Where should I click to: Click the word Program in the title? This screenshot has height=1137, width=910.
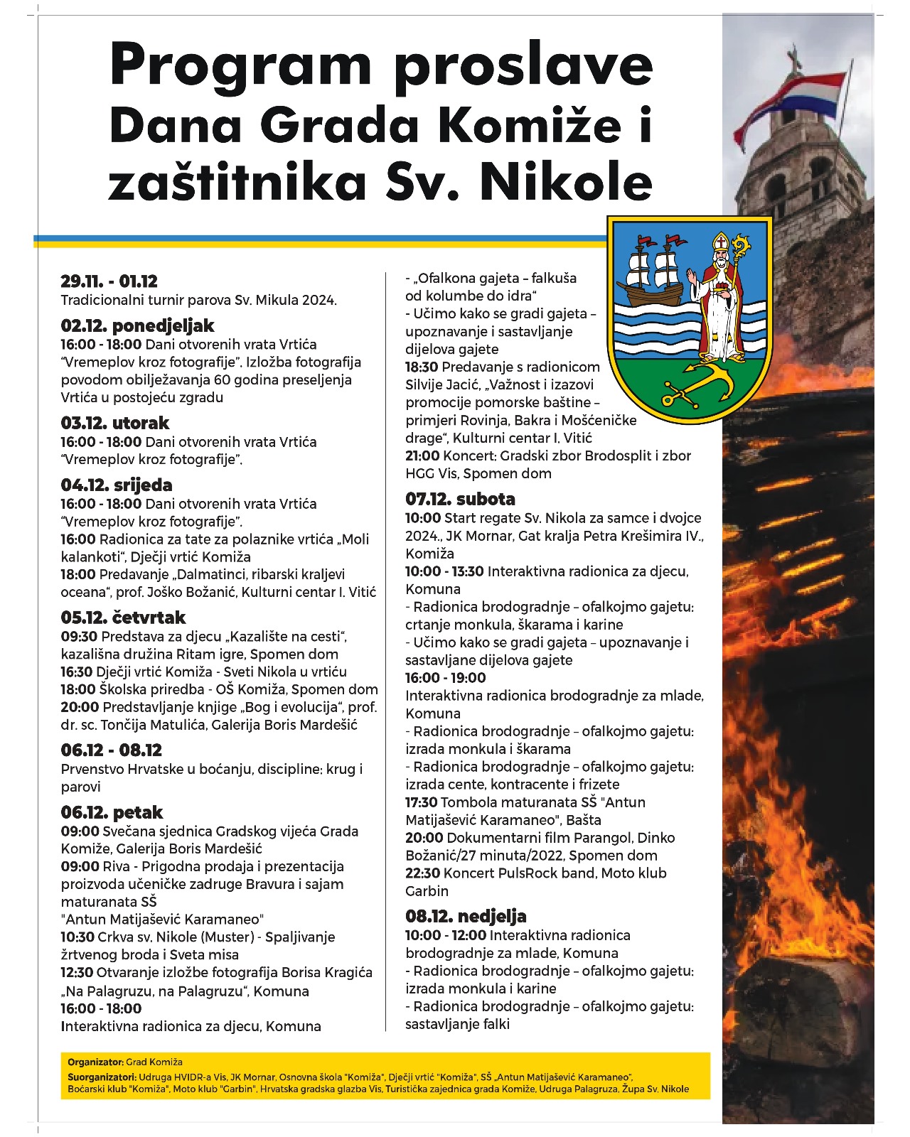pyautogui.click(x=241, y=65)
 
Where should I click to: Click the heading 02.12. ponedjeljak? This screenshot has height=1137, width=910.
pyautogui.click(x=137, y=326)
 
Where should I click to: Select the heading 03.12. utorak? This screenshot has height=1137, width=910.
pyautogui.click(x=115, y=424)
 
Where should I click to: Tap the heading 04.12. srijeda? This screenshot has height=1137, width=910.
pyautogui.click(x=117, y=485)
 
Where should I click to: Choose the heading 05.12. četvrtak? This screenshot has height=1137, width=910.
pyautogui.click(x=123, y=618)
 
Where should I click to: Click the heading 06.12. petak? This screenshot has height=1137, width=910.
pyautogui.click(x=112, y=812)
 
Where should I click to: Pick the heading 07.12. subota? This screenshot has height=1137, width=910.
pyautogui.click(x=460, y=499)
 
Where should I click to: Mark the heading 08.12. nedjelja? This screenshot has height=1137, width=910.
pyautogui.click(x=466, y=916)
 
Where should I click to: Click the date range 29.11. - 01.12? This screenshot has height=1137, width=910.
pyautogui.click(x=109, y=281)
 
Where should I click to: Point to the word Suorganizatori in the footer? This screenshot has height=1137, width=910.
pyautogui.click(x=98, y=1077)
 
